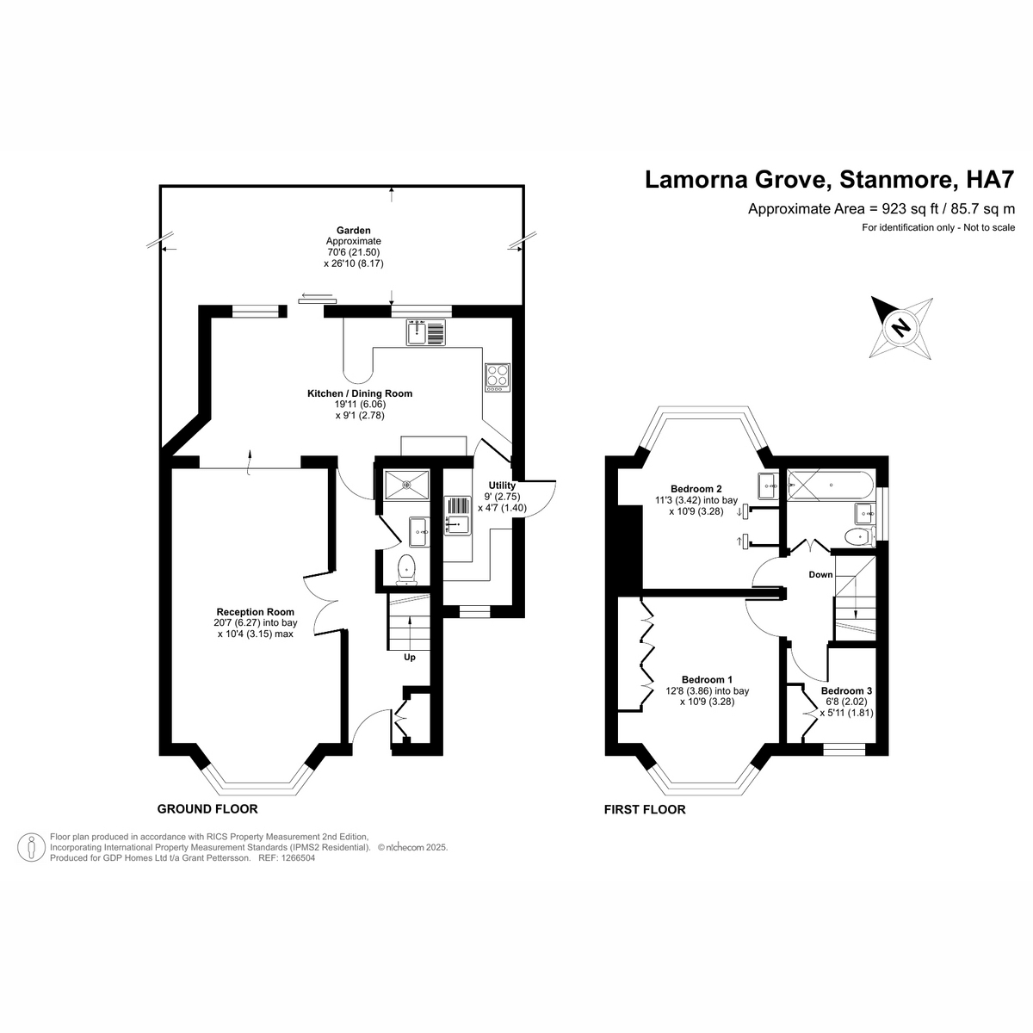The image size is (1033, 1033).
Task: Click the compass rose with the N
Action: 901,327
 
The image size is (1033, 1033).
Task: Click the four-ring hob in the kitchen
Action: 498,376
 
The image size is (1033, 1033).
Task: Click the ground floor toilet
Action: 407,569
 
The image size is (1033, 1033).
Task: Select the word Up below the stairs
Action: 410,658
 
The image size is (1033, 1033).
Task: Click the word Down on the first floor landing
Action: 820,574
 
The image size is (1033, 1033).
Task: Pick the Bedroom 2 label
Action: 696,489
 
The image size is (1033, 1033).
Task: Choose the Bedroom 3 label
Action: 846,690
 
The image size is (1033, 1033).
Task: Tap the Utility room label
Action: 502,486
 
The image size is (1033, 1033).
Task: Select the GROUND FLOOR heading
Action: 207,809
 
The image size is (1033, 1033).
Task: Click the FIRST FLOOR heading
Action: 645,809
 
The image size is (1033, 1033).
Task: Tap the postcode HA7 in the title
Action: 990,180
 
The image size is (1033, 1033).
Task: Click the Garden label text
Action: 353,230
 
